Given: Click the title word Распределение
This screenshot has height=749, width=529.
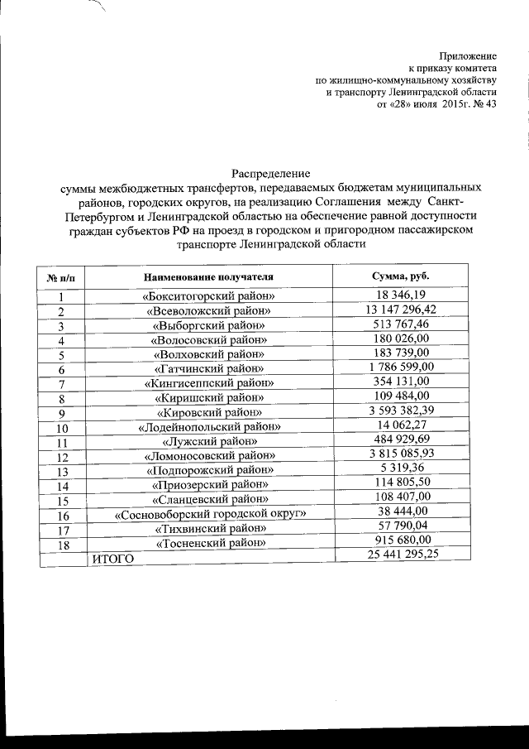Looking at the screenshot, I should point(270,174).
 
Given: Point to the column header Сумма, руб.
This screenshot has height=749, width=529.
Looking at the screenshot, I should point(401,276).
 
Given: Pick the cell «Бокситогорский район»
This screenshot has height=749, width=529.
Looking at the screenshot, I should point(209,296).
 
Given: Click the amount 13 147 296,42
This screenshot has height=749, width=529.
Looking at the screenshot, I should point(401,310).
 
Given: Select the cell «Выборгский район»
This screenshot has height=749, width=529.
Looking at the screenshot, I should point(209,325).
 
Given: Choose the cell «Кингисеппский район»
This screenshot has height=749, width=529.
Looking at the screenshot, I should point(209,383).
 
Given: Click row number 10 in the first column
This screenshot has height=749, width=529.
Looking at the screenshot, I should point(62,428).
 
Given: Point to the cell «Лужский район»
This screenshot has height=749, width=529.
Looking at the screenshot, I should point(209,441).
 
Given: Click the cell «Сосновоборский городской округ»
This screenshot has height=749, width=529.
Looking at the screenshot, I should point(210,514).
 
